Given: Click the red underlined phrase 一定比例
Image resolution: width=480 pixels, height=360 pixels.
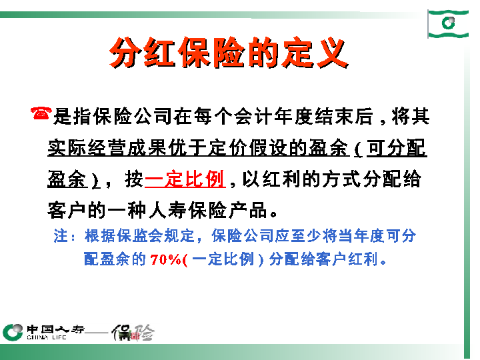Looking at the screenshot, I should click(184, 179).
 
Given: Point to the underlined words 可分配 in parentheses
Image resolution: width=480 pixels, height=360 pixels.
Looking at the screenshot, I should click(397, 148).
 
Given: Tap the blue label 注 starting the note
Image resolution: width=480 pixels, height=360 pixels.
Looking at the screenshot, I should click(60, 236).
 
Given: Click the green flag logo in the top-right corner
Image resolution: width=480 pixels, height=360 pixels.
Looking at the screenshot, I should click(447, 24).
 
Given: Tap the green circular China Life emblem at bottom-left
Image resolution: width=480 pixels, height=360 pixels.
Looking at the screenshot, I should click(13, 331).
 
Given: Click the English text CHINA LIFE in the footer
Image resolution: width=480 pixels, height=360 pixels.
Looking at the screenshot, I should click(47, 337).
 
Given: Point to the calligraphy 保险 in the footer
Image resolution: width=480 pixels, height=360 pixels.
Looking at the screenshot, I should click(133, 331).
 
